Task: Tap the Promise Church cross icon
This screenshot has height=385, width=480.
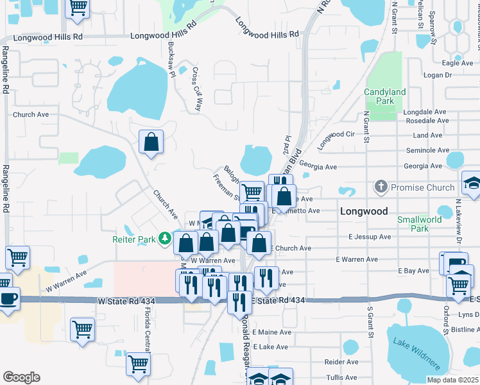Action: (x=381, y=187)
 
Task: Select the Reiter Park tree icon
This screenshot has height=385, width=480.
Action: (x=166, y=239)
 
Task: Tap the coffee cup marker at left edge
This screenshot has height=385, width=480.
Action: (x=9, y=298)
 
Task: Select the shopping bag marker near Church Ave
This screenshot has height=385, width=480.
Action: (x=151, y=142)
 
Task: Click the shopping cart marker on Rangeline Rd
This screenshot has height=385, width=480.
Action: (x=17, y=257)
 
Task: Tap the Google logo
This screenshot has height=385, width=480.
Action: (x=21, y=377)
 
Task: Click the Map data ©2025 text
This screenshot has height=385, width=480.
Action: (x=452, y=380)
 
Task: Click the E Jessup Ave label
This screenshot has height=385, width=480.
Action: (x=370, y=236)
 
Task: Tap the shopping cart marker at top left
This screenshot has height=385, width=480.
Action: (x=78, y=7)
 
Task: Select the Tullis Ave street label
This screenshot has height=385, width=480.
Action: (x=341, y=378)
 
